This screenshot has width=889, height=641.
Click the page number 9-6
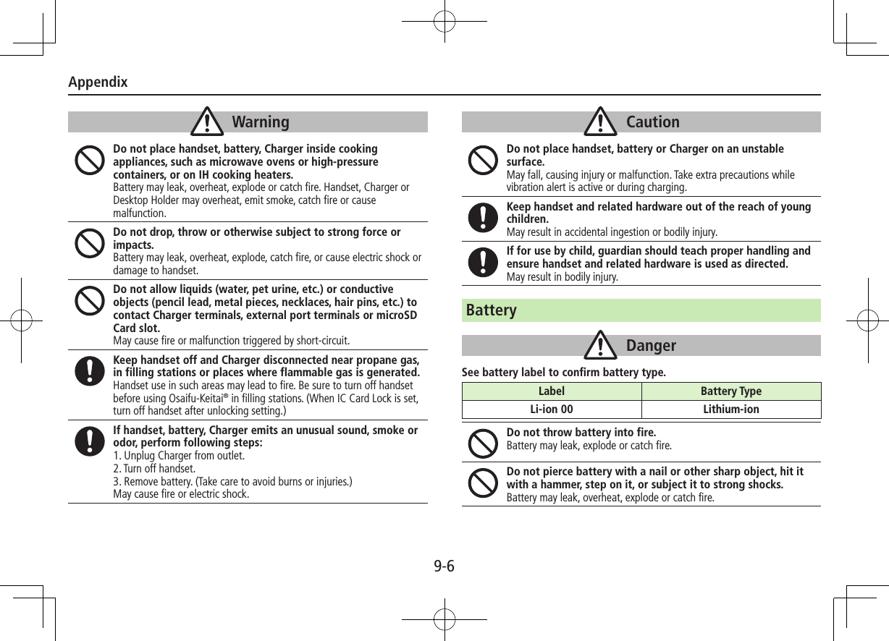click(x=444, y=566)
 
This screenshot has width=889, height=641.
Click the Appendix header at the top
click(x=98, y=82)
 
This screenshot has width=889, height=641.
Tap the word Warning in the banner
click(x=261, y=122)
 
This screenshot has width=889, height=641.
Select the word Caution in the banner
click(x=653, y=122)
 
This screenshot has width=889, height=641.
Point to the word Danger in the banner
click(x=651, y=346)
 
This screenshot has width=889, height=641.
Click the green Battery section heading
click(x=492, y=310)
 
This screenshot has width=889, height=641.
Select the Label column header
click(x=552, y=391)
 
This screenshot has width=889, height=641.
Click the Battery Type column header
click(x=731, y=391)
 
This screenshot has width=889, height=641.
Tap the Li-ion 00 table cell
click(x=552, y=409)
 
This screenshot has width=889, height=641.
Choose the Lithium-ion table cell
click(x=731, y=409)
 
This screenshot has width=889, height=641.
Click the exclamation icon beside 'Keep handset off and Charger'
click(x=89, y=371)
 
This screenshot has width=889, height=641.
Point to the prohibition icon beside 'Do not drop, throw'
click(x=89, y=244)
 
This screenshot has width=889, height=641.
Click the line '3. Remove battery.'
click(x=233, y=482)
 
